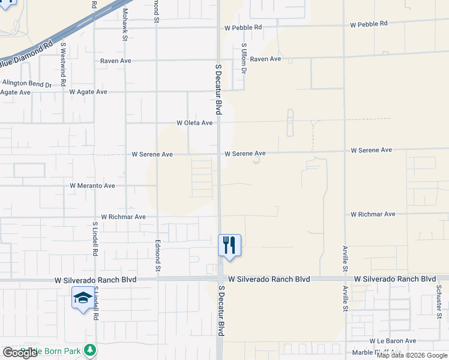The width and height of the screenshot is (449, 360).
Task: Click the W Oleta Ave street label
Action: point(194,123)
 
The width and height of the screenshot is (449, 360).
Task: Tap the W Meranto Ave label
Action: point(92,186)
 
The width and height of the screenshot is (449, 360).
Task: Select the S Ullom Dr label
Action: point(244,58)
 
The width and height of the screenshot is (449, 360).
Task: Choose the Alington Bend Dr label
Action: point(27,84)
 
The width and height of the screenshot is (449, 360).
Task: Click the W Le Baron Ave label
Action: point(393,341)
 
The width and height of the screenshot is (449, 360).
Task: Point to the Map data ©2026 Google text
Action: point(412,355)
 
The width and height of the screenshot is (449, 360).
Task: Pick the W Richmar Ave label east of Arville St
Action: point(373,214)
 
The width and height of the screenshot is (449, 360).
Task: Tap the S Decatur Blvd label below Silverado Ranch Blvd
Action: point(221,311)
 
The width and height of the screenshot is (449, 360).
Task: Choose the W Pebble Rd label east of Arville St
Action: point(369,24)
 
